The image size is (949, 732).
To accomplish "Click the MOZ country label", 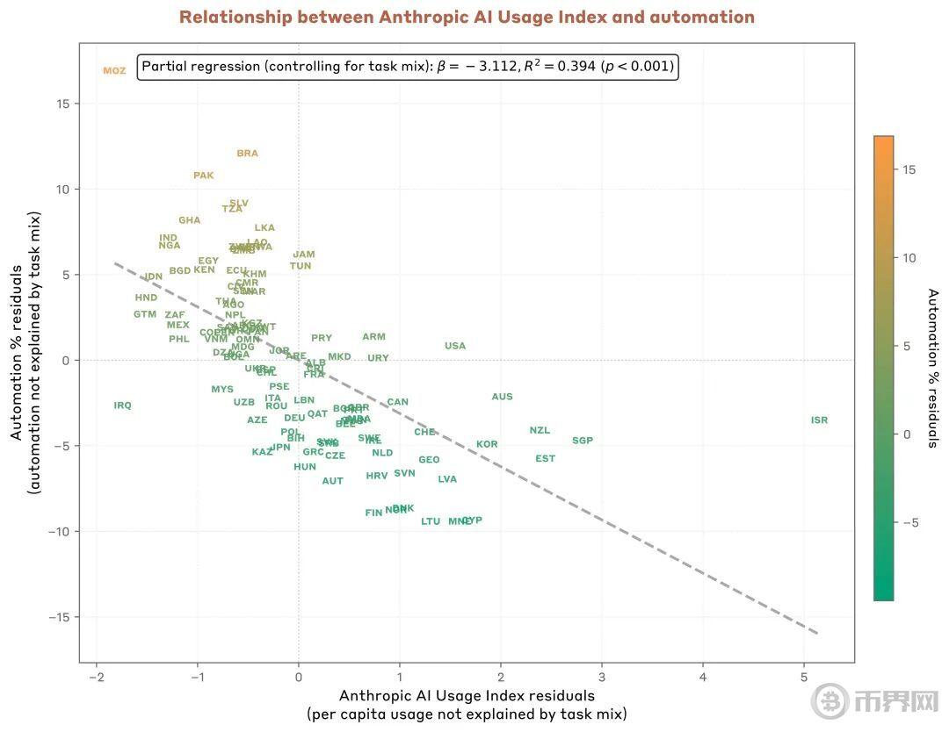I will (x=114, y=71).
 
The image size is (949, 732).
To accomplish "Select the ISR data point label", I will (x=819, y=420).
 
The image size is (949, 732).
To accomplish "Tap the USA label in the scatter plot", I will (x=455, y=346).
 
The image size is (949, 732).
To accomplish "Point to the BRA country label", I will (x=248, y=154).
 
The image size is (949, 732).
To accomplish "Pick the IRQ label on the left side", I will (x=122, y=405).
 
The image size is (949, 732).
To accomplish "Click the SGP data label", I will (x=583, y=441).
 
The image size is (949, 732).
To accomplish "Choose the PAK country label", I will (x=204, y=176).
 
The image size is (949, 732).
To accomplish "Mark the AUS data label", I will (x=502, y=397).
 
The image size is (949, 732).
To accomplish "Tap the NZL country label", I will (x=540, y=430).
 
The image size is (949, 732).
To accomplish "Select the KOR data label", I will (x=487, y=444).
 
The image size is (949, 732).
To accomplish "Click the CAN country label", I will (x=398, y=402).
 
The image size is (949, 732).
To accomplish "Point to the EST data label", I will (x=545, y=459).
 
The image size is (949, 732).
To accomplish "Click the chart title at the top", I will (x=467, y=18).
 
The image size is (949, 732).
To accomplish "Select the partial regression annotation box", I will (x=408, y=67).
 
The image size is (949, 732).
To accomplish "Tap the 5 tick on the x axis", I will (x=804, y=677).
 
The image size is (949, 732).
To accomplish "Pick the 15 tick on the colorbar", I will (x=909, y=169).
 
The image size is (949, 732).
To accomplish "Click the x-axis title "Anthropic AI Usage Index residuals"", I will (x=467, y=695).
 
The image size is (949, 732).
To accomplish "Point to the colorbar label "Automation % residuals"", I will (x=933, y=368).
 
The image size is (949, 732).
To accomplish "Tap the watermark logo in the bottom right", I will (x=829, y=701).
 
